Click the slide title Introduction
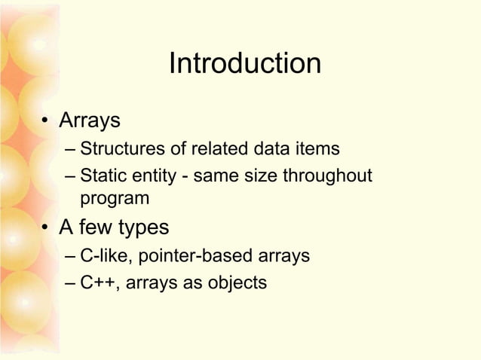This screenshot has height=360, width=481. coord(244,64)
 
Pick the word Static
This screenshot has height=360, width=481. coord(101,177)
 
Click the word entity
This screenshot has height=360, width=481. coord(151,177)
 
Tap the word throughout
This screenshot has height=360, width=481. coord(327,177)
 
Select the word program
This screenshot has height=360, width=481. coord(115,199)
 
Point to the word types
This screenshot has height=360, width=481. coord(142,228)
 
